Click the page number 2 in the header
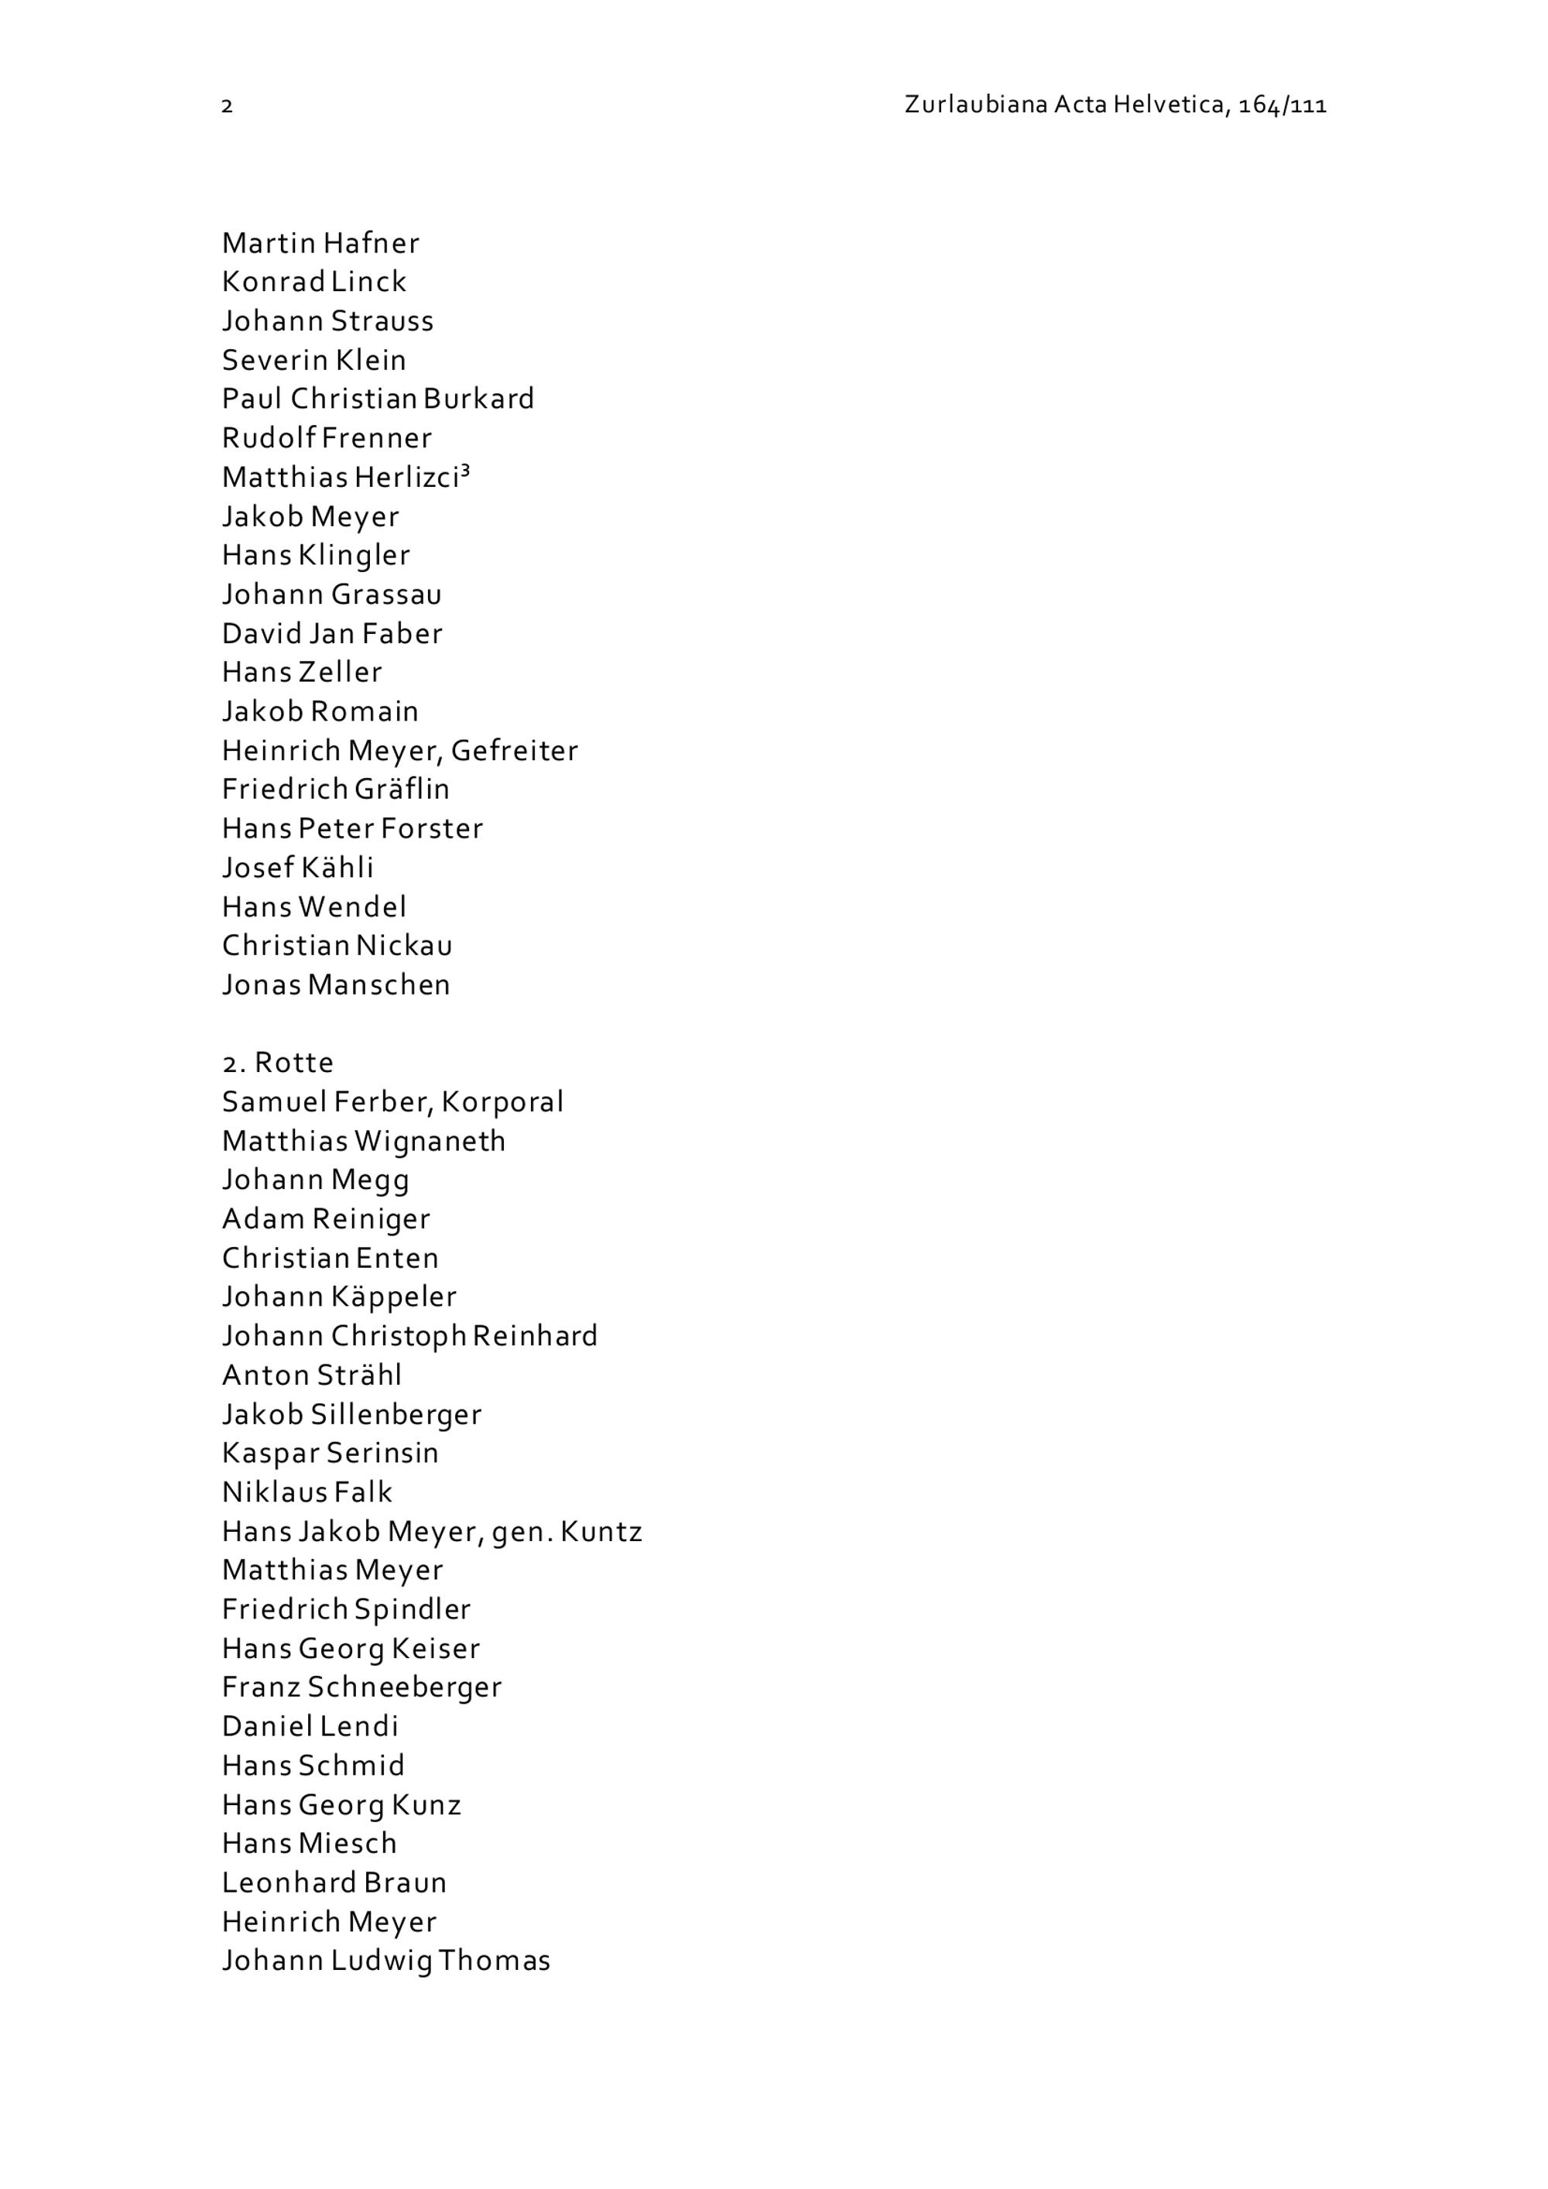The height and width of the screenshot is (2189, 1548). (227, 106)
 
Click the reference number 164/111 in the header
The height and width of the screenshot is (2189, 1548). (1282, 104)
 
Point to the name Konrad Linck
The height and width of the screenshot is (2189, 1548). (313, 283)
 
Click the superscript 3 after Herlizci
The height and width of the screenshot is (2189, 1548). (465, 470)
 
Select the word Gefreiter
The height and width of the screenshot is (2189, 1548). (514, 752)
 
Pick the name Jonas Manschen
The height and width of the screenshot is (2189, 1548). (335, 985)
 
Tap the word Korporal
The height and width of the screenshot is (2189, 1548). (502, 1102)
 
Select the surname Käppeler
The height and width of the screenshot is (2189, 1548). (394, 1297)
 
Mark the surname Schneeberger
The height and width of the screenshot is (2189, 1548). (404, 1687)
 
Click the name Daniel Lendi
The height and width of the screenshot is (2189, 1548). (310, 1727)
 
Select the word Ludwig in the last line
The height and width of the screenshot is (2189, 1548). (382, 1961)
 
